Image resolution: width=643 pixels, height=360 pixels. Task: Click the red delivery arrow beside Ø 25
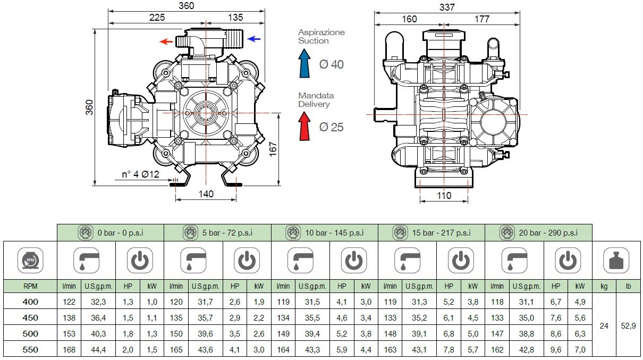point(304,127)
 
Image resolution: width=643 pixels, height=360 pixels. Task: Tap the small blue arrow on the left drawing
point(254,39)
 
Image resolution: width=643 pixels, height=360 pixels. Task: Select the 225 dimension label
point(157,17)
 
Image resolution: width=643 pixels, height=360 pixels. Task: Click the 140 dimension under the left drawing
point(206,194)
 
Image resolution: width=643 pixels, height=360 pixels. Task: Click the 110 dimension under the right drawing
point(444,195)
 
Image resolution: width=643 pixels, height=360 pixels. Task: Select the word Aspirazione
point(321,32)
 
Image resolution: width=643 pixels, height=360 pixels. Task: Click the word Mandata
point(316,96)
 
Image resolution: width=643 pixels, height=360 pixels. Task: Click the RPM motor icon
point(30,261)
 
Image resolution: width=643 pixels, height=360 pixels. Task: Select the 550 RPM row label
point(30,349)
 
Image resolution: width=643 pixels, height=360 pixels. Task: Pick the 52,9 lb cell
point(628,325)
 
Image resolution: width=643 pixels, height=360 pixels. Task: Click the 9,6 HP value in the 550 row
point(555,349)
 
